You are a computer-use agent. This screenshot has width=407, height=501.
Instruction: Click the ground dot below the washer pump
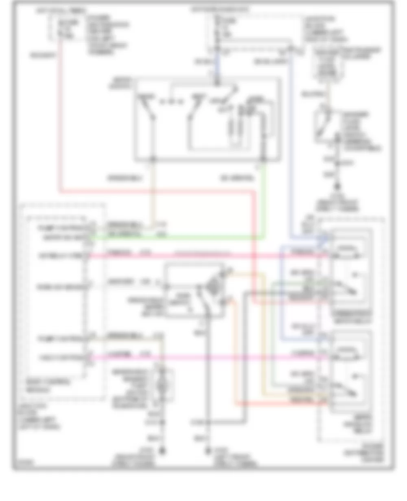click(x=163, y=451)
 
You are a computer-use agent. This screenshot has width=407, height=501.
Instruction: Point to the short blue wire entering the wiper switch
click(x=216, y=65)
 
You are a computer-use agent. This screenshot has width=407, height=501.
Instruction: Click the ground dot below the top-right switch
click(x=337, y=189)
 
